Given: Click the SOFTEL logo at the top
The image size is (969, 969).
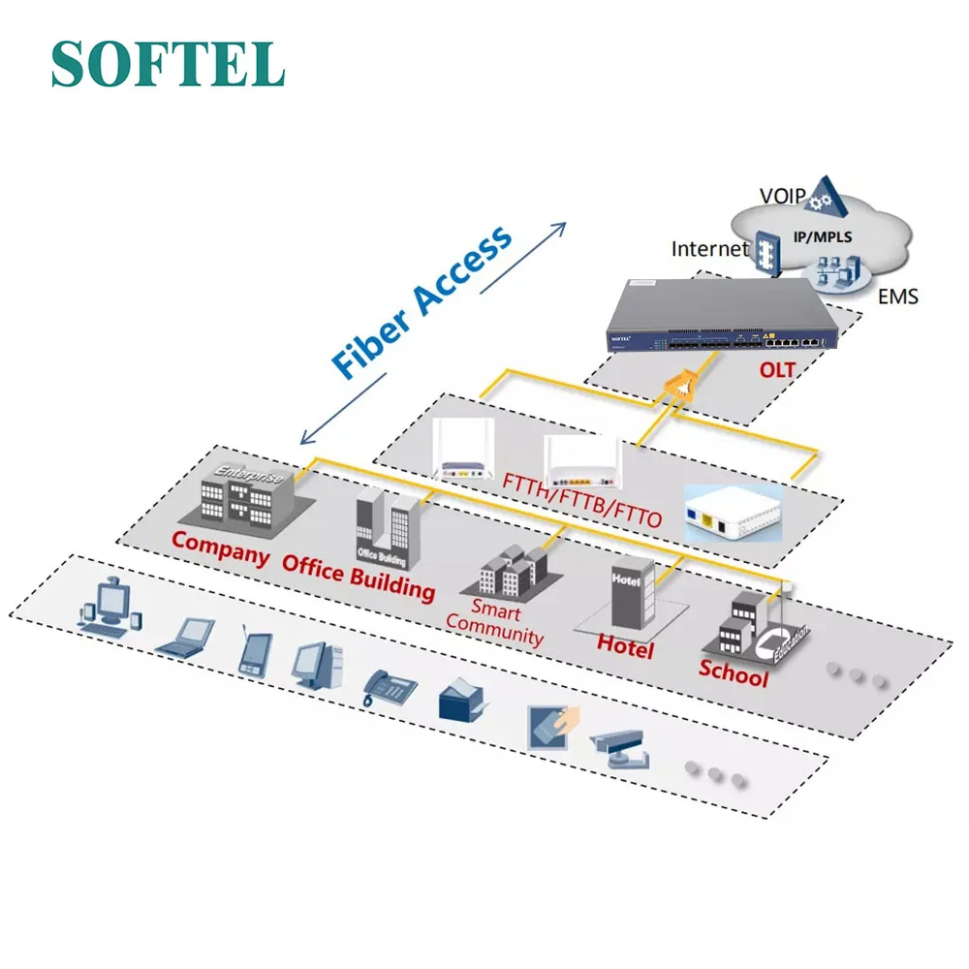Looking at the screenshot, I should pos(168,64).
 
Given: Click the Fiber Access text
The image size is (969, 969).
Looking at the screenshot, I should pos(422,301).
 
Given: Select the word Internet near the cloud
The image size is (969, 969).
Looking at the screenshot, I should pos(710,249).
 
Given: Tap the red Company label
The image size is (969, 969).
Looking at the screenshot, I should pos(220,548).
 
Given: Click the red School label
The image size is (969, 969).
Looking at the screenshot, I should pos(734,673).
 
